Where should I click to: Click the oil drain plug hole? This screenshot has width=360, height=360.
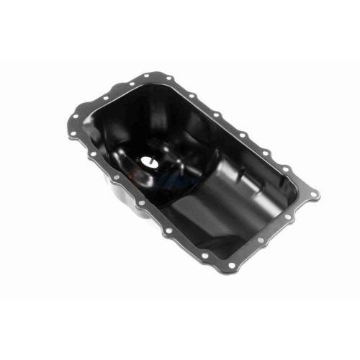point(149,162)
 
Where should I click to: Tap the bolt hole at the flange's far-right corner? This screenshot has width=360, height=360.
point(314,193)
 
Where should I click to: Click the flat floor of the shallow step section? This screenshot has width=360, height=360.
point(216,223)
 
